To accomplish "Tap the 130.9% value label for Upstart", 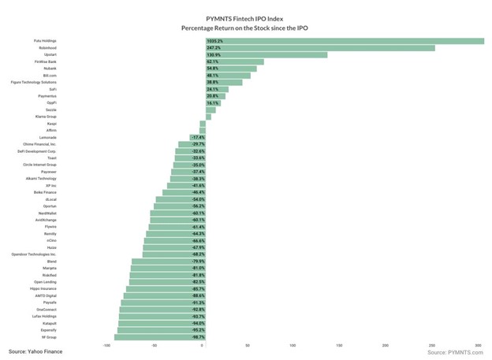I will pos(214,54).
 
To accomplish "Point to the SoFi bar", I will pos(215,89).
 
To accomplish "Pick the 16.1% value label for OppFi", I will pos(214,103).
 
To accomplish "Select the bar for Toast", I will pos(188,158).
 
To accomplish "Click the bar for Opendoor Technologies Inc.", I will pos(173,254).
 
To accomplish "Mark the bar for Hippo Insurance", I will pos(165,288).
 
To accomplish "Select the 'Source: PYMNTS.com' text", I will pos(453,353).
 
